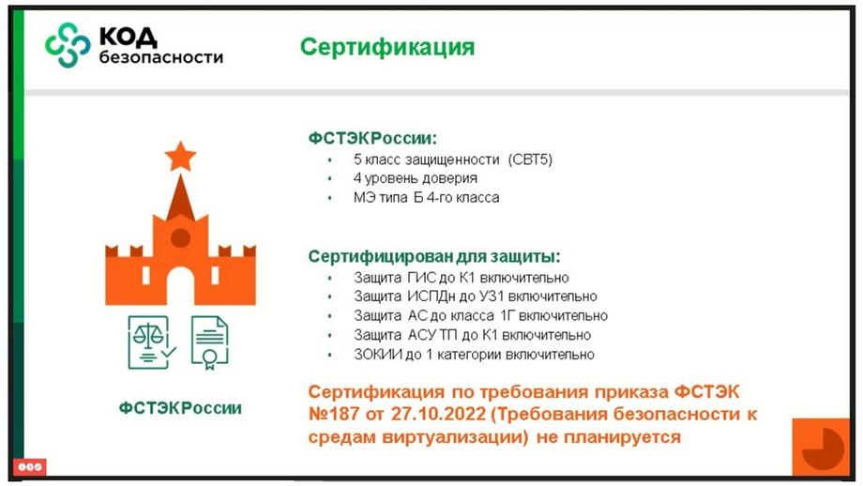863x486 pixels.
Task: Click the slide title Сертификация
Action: [x=386, y=47]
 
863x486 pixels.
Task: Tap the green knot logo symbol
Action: [x=68, y=45]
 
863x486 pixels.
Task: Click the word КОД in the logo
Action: [x=128, y=37]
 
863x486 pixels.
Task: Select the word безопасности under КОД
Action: [x=161, y=57]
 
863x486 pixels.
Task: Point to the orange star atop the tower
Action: [x=180, y=157]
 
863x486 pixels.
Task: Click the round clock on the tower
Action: [x=180, y=238]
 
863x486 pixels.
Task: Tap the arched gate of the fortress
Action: [x=180, y=286]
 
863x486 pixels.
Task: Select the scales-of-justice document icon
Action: [x=151, y=342]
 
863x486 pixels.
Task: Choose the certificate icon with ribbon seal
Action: [x=210, y=342]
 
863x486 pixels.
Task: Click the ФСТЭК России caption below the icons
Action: [x=180, y=408]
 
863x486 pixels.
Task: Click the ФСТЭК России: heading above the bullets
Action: [x=372, y=138]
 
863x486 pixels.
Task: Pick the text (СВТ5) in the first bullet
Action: [x=530, y=159]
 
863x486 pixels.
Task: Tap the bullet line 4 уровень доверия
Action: [x=415, y=178]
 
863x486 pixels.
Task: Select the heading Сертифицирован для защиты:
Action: [x=434, y=256]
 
